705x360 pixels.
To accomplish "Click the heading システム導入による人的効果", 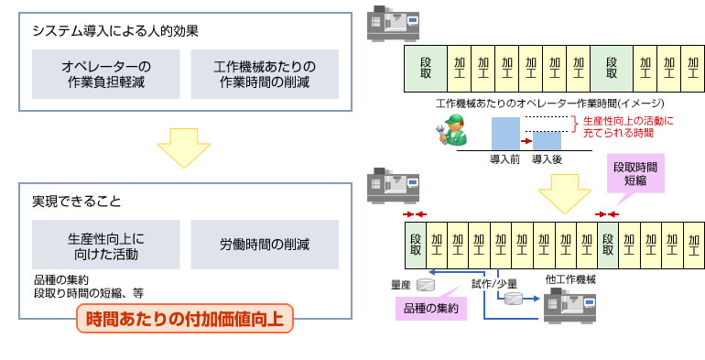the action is click(x=115, y=30).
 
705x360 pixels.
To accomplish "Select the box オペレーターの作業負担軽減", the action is click(x=105, y=74).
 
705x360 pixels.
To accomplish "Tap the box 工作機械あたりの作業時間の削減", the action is click(x=264, y=74).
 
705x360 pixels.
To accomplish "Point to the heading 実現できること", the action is click(x=76, y=201).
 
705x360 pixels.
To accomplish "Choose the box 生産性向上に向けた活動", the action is click(x=105, y=245).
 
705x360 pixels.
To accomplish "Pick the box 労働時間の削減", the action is click(x=264, y=245).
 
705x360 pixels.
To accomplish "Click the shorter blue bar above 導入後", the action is click(x=548, y=141).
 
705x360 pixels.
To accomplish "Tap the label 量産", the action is click(x=400, y=284).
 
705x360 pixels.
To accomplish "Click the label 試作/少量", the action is click(x=495, y=284).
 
